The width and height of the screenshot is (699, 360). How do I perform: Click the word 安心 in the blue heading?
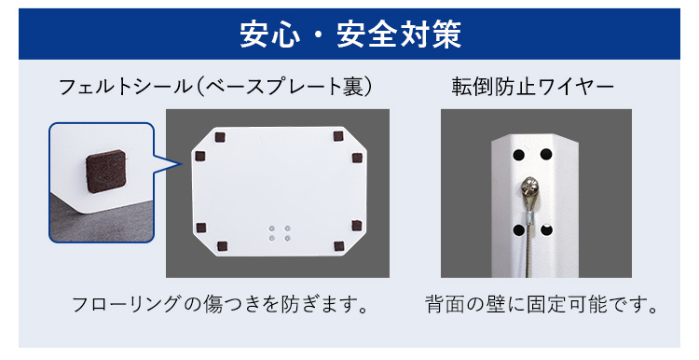pyautogui.click(x=269, y=35)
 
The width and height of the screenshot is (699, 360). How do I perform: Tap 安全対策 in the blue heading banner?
pyautogui.click(x=399, y=35)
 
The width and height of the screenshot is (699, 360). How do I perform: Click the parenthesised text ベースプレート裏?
pyautogui.click(x=284, y=87)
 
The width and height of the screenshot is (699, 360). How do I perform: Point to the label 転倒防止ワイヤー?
pyautogui.click(x=533, y=87)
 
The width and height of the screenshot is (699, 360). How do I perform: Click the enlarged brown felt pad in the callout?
pyautogui.click(x=105, y=171)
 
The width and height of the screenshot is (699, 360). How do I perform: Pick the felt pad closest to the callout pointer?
pyautogui.click(x=200, y=156)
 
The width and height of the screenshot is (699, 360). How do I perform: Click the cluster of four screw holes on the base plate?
pyautogui.click(x=279, y=233)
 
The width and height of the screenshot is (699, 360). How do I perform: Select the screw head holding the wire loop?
pyautogui.click(x=529, y=186)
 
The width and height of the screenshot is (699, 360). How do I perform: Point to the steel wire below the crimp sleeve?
pyautogui.click(x=529, y=251)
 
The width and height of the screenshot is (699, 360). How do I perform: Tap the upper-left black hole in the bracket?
pyautogui.click(x=518, y=155)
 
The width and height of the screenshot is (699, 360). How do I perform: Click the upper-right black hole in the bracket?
pyautogui.click(x=546, y=155)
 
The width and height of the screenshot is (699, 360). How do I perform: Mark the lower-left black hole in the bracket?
pyautogui.click(x=518, y=230)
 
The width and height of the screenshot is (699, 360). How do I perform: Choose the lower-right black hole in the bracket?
pyautogui.click(x=546, y=230)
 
